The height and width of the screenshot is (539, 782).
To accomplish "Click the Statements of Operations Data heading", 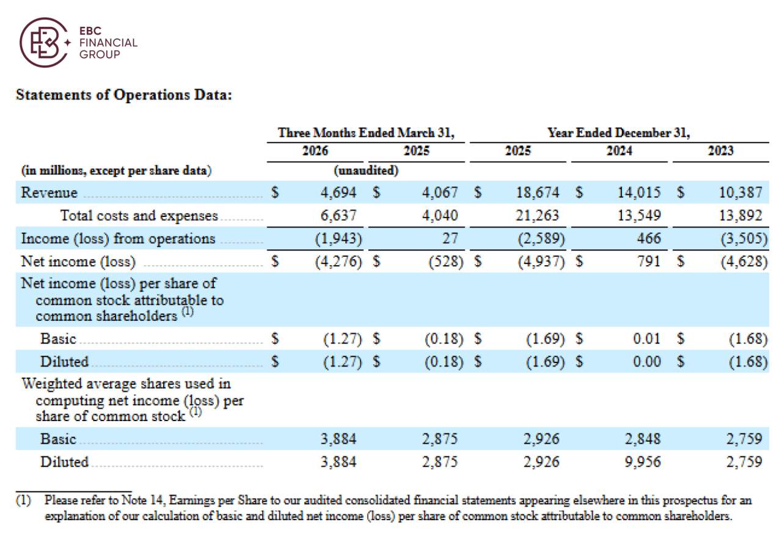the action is (124, 95).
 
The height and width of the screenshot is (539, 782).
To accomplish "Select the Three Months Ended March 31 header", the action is (366, 133).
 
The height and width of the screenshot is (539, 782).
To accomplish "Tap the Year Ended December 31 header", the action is (619, 133).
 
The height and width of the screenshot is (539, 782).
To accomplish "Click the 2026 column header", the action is (315, 151).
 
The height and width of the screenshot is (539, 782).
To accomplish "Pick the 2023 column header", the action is (720, 151).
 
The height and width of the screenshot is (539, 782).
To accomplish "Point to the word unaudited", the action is (366, 170).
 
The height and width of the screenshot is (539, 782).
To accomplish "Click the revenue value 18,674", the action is (538, 193).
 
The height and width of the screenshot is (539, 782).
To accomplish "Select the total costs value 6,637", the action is (338, 215).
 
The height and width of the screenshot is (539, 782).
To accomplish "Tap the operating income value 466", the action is (649, 238).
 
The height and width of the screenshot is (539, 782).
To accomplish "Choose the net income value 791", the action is (649, 261).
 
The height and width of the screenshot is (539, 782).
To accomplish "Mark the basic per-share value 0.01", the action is (646, 339).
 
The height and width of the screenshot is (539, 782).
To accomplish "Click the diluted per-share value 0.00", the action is (646, 362).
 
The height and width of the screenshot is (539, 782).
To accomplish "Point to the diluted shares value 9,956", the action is (643, 462).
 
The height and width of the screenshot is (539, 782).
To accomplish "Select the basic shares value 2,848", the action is (643, 439).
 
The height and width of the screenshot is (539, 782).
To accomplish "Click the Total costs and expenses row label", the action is (139, 216).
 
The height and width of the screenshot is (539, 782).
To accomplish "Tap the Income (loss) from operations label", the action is (118, 239).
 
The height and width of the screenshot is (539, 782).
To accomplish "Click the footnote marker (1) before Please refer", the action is (23, 501).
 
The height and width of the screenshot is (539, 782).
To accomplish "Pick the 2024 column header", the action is (619, 151).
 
